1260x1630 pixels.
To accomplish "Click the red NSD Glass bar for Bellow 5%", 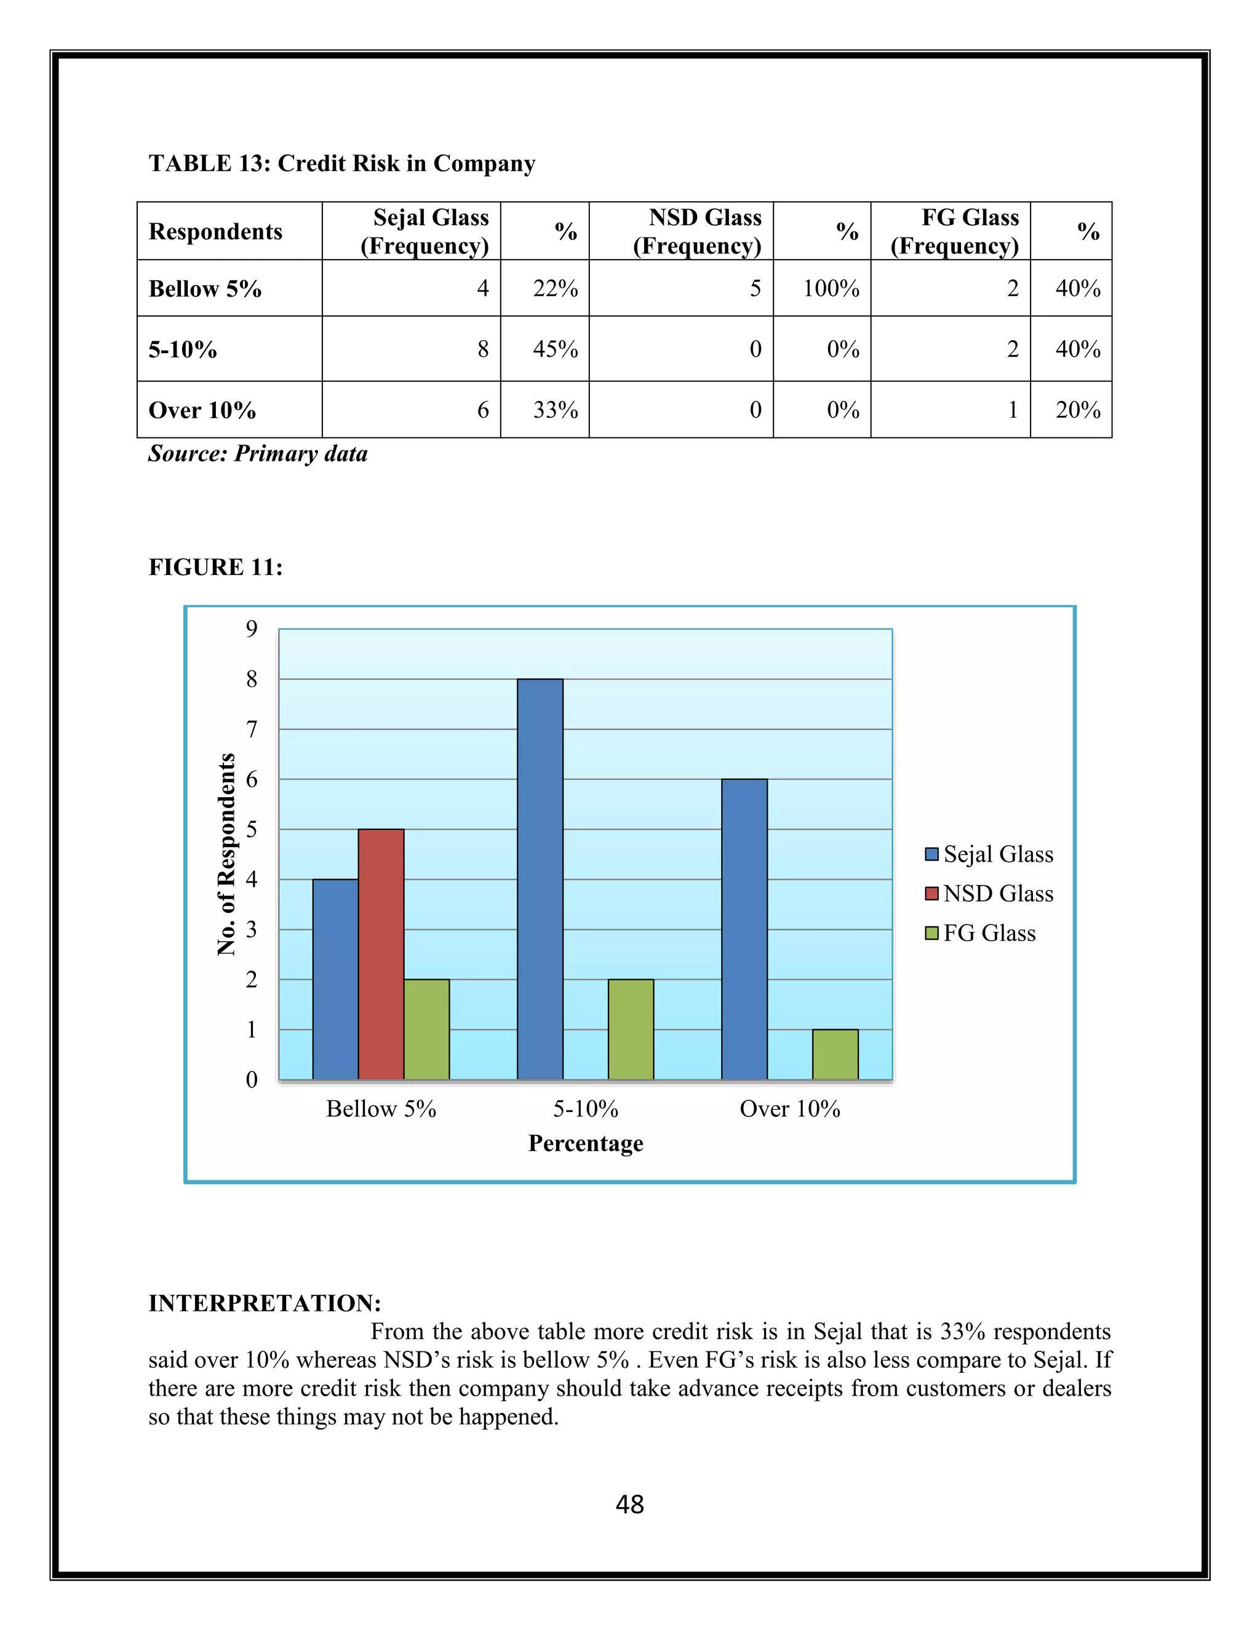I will pyautogui.click(x=381, y=954).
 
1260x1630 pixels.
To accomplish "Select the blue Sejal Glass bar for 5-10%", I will pyautogui.click(x=540, y=879).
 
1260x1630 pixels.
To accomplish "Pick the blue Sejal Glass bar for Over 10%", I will pyautogui.click(x=744, y=929).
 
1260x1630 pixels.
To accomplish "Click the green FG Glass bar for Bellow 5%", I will pyautogui.click(x=426, y=1029).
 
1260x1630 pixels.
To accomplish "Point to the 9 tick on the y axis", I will pyautogui.click(x=252, y=629).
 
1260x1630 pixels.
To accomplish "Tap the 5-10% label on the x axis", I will pyautogui.click(x=585, y=1109).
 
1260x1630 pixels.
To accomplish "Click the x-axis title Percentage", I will pyautogui.click(x=585, y=1143).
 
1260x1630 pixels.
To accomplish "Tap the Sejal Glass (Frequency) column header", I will pyautogui.click(x=425, y=231).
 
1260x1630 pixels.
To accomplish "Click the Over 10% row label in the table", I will pyautogui.click(x=202, y=410).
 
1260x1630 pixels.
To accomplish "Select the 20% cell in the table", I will pyautogui.click(x=1077, y=410).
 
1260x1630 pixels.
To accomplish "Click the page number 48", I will pyautogui.click(x=629, y=1504).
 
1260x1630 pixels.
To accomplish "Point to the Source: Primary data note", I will pyautogui.click(x=258, y=454).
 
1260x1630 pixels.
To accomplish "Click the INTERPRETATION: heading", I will pyautogui.click(x=265, y=1303).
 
